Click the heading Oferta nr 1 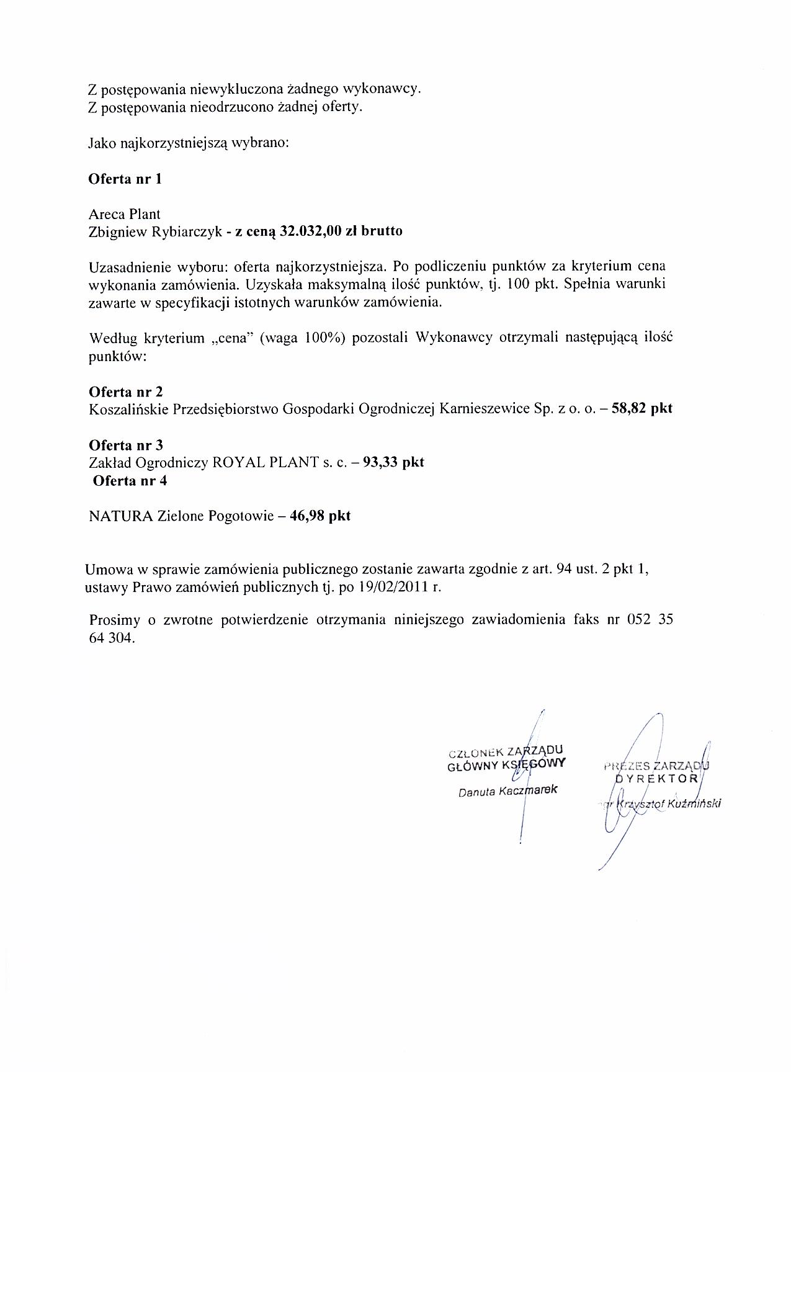coord(125,179)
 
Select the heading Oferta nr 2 coord(126,392)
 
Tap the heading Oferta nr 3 coord(126,446)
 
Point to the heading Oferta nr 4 coord(129,481)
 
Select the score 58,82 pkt coord(642,409)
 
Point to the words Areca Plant coord(125,214)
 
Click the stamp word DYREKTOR coord(658,778)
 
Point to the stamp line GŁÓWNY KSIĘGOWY coord(506,764)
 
